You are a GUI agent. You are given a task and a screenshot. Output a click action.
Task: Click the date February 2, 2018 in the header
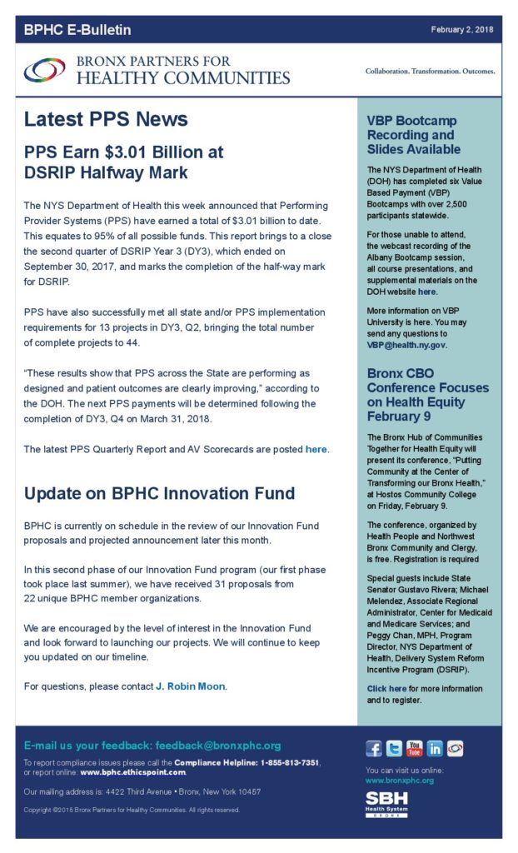point(461,30)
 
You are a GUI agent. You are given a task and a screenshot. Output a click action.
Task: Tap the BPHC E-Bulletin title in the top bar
point(77,31)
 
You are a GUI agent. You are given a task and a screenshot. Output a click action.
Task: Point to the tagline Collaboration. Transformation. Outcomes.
point(430,72)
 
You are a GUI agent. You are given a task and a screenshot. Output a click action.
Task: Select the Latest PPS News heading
point(106,119)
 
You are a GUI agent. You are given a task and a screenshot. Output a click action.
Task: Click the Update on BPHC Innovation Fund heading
point(159,493)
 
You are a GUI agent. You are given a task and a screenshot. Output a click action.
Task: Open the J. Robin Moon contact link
point(191,686)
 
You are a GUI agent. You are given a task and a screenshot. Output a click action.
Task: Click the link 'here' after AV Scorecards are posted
point(316,450)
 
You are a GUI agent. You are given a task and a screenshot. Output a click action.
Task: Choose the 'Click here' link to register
point(386,689)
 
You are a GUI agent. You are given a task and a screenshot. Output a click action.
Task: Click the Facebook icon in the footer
point(374,748)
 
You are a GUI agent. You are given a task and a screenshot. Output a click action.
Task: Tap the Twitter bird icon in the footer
point(394,748)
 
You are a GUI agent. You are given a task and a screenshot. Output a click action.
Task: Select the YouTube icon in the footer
point(415,748)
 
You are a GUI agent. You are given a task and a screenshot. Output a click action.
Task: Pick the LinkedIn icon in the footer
point(435,748)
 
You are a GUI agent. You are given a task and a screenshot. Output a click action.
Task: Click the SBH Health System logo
point(388,804)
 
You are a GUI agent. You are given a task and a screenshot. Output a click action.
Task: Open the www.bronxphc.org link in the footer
point(400,781)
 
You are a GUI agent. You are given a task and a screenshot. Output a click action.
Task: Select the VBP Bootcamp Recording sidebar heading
point(413,135)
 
